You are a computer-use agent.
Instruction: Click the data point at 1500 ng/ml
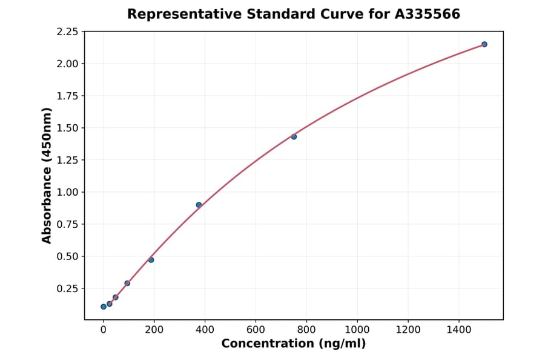[484, 44]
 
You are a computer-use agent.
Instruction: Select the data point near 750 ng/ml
[294, 136]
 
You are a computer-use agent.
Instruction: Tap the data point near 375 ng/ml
[199, 205]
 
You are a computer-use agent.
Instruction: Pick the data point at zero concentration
[104, 307]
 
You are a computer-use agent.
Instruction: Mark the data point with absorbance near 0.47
[151, 260]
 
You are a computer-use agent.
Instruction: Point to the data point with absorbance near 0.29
[127, 283]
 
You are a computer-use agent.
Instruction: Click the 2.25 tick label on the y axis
[67, 32]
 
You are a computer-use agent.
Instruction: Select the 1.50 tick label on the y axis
[67, 128]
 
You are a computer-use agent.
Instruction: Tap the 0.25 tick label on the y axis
[67, 288]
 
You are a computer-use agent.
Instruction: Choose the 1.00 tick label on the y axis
[67, 192]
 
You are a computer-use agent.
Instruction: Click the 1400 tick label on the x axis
[458, 330]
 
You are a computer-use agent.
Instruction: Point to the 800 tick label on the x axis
[306, 330]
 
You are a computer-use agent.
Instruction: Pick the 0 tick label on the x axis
[104, 330]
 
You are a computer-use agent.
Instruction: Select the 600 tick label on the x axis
[256, 330]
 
